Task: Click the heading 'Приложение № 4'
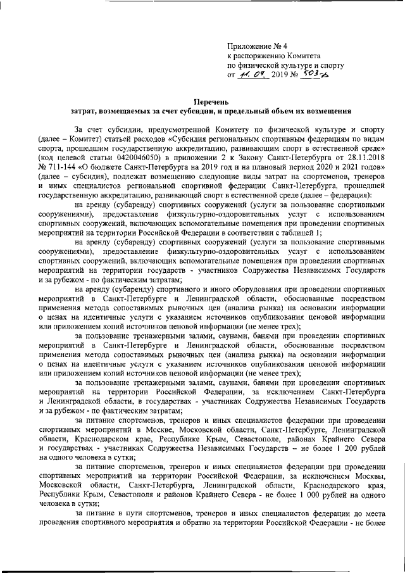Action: point(257,46)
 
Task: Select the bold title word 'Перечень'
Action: point(211,101)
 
